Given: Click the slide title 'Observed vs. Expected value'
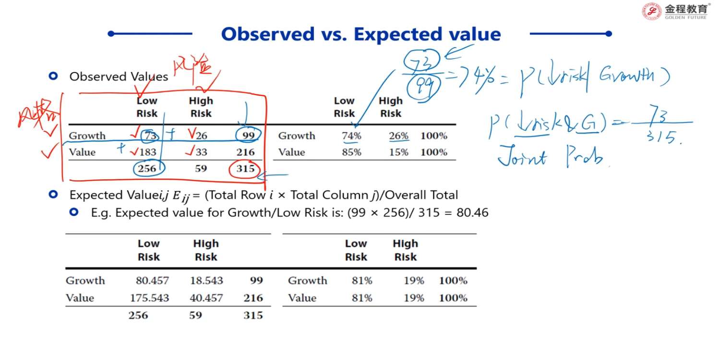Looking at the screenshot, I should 360,34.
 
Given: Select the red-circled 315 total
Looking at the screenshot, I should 245,168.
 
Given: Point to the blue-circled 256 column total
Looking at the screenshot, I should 147,168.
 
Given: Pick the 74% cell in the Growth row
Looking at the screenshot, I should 351,136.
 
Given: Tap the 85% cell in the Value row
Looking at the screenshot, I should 351,152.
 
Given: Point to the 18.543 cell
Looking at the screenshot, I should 206,280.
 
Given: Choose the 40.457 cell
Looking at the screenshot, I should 206,298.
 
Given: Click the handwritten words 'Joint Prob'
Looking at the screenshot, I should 550,157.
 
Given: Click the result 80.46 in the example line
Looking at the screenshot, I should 472,212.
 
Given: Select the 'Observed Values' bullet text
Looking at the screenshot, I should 119,76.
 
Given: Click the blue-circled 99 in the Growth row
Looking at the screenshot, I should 248,136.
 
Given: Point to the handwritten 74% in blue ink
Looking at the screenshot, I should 472,77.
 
